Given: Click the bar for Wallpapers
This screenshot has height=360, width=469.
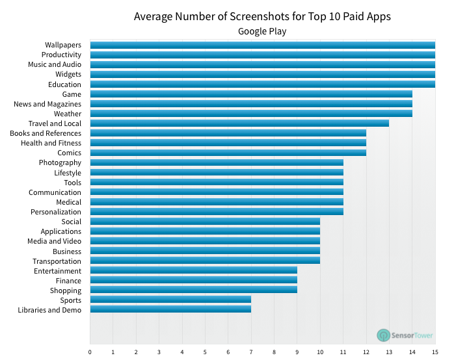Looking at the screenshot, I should [262, 45].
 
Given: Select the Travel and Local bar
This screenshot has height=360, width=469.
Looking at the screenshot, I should [239, 123].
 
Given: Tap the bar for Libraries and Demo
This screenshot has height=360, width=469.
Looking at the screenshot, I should [170, 310].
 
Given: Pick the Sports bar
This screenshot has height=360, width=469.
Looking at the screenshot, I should [170, 300].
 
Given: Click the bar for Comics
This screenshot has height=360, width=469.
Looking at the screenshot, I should [228, 153].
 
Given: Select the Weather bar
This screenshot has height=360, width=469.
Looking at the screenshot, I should [250, 114].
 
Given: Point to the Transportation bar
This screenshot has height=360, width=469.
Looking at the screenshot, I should [205, 261].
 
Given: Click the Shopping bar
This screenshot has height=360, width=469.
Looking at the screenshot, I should [193, 290].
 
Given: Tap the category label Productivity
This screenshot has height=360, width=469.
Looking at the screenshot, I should [61, 55].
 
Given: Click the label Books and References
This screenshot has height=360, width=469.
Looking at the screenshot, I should [46, 133].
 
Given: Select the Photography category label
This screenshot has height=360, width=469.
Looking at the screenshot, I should [60, 162].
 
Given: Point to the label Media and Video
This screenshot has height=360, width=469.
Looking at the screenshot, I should [54, 241].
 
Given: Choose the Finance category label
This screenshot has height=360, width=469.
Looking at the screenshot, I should [68, 281].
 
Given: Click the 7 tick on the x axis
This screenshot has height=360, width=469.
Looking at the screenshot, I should [251, 352].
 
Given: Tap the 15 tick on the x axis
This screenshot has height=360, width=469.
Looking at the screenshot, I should [435, 352].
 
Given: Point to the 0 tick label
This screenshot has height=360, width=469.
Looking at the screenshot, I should [90, 352].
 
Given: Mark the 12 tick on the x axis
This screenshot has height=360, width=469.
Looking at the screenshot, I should [366, 352].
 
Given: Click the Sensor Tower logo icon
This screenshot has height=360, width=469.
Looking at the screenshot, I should [384, 335].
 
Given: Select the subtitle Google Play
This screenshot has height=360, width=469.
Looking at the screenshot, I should [262, 31].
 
